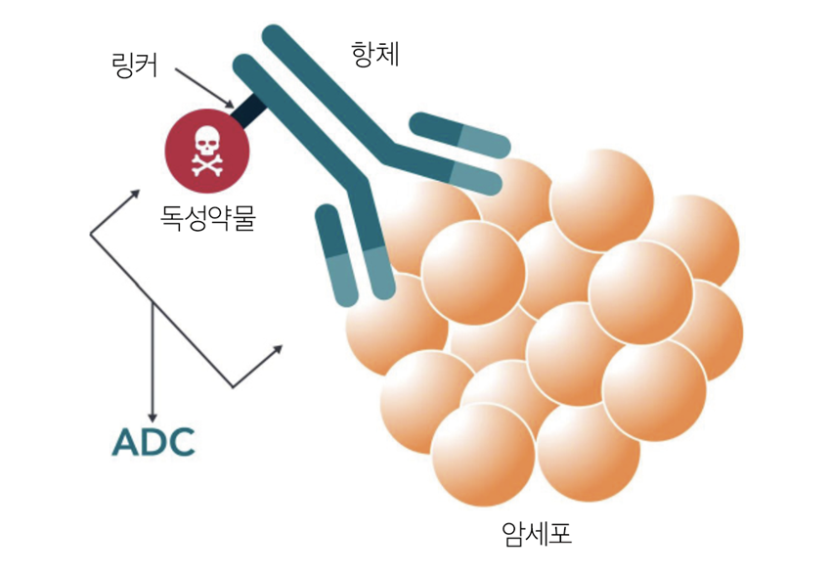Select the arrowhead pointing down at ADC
click(153, 413)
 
